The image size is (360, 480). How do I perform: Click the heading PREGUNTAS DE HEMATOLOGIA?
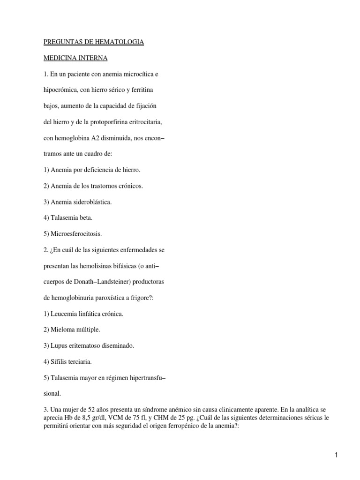point(93,42)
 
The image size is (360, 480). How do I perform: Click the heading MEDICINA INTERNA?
point(75,58)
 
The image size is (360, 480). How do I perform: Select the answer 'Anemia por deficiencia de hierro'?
point(92,170)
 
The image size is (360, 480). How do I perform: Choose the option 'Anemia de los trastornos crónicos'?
point(93,186)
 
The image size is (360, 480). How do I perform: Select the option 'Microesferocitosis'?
point(73,233)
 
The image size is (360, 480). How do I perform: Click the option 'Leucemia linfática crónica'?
point(83,314)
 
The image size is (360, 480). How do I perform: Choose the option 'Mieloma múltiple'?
point(72,330)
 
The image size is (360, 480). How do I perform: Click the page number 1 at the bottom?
point(336,454)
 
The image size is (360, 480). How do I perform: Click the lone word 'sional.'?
point(52,393)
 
